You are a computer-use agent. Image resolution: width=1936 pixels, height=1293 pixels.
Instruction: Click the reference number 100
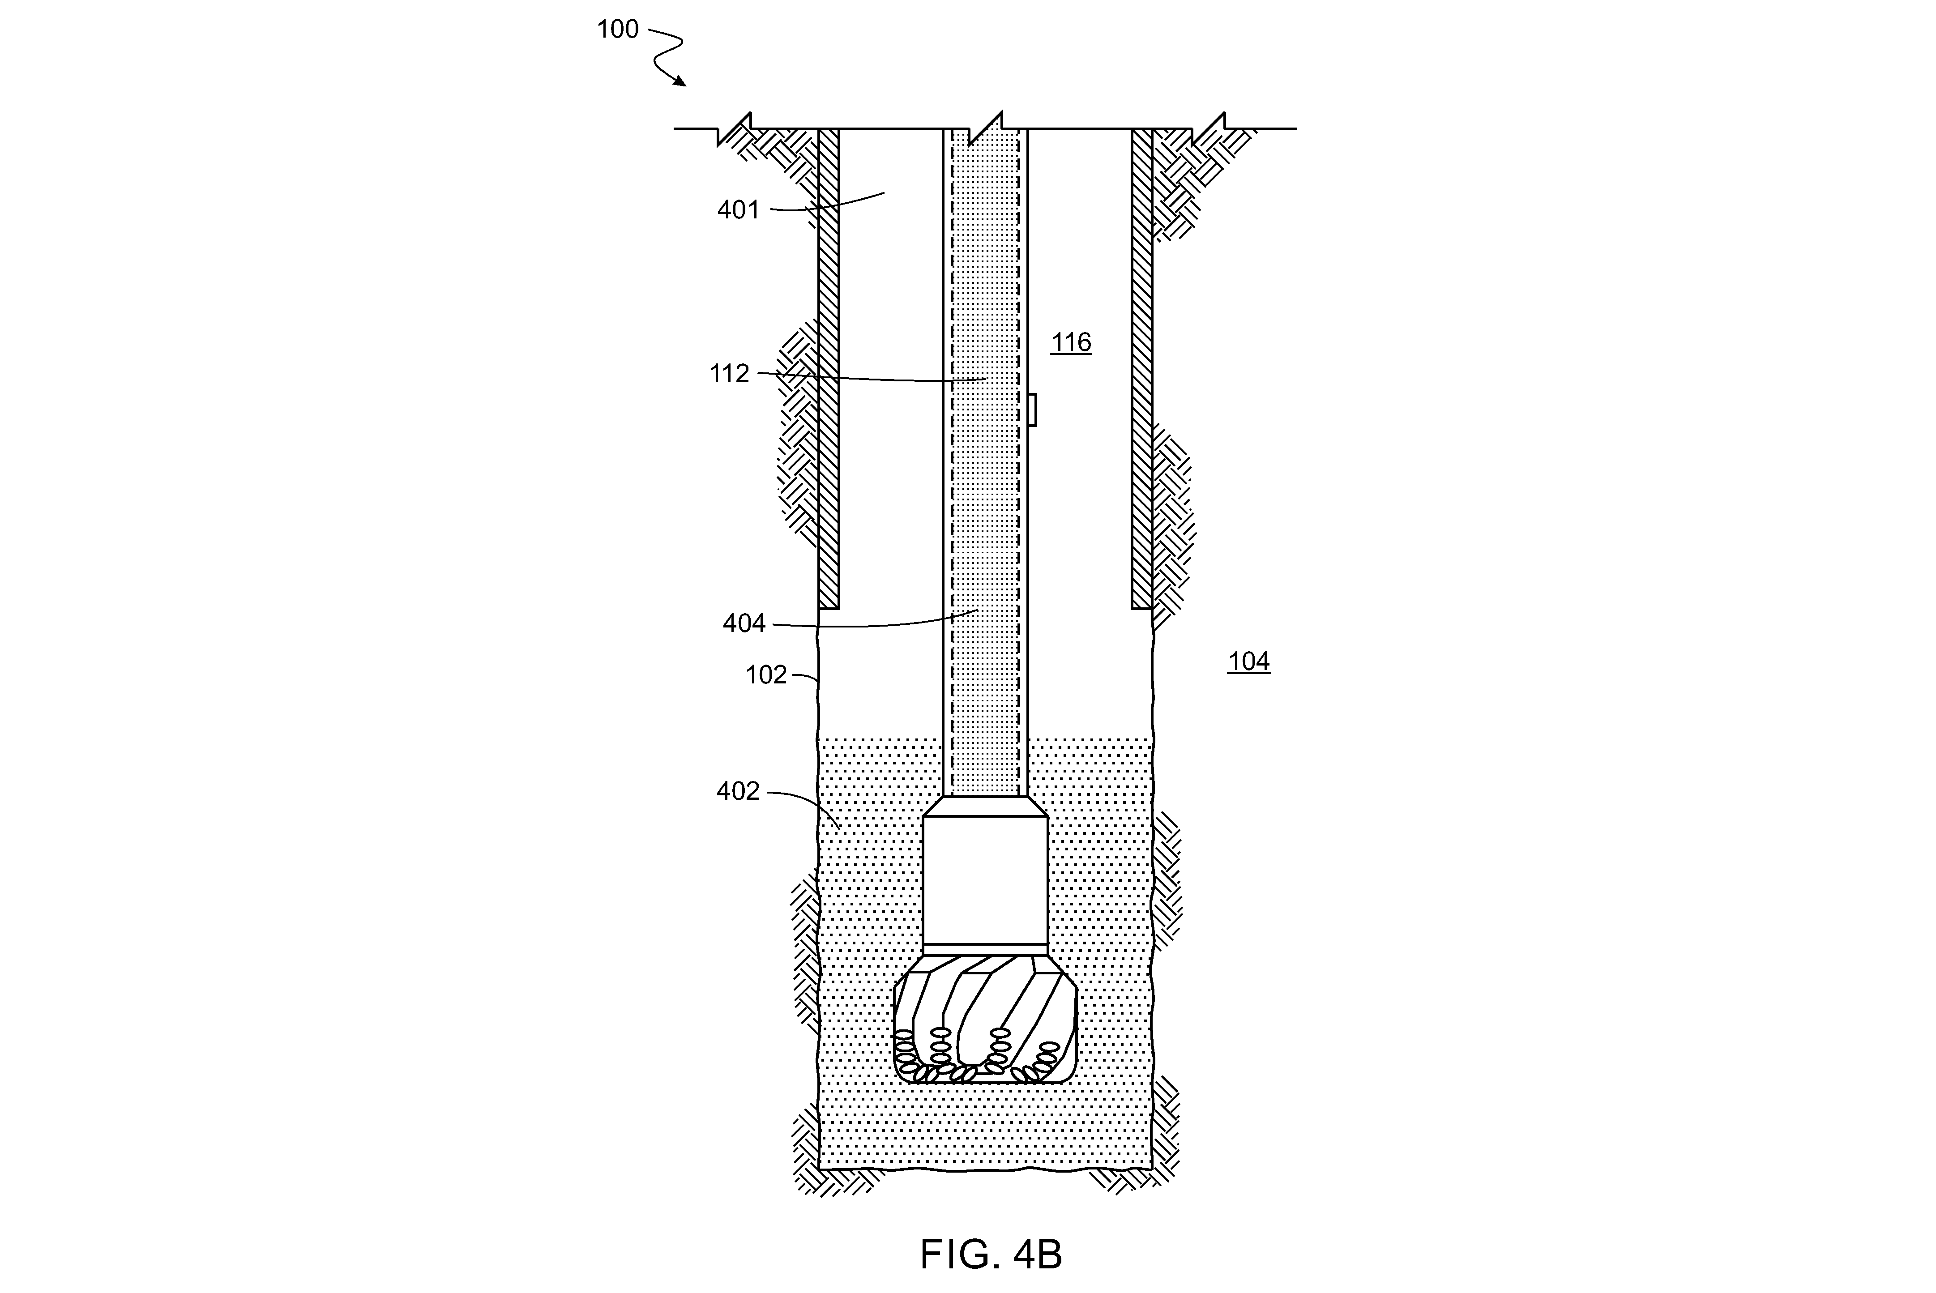(618, 30)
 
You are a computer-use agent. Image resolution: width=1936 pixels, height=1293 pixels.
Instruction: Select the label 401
(738, 210)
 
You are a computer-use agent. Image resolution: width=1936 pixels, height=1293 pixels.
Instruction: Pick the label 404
(744, 623)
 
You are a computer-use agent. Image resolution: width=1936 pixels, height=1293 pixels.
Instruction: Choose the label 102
(766, 675)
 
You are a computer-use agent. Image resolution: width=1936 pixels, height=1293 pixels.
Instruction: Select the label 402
(738, 792)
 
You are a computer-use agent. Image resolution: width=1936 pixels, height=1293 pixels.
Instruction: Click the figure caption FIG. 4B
(991, 1254)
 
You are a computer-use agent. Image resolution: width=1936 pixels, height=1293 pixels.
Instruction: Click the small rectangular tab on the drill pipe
(1031, 410)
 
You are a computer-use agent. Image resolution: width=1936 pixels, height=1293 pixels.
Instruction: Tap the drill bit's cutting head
(985, 1019)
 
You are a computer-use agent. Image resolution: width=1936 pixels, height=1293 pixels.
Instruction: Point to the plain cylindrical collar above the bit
(985, 881)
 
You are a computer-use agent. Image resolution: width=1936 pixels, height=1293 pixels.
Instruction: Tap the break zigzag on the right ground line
(1209, 128)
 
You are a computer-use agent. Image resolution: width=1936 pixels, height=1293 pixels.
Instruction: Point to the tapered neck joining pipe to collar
(985, 807)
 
